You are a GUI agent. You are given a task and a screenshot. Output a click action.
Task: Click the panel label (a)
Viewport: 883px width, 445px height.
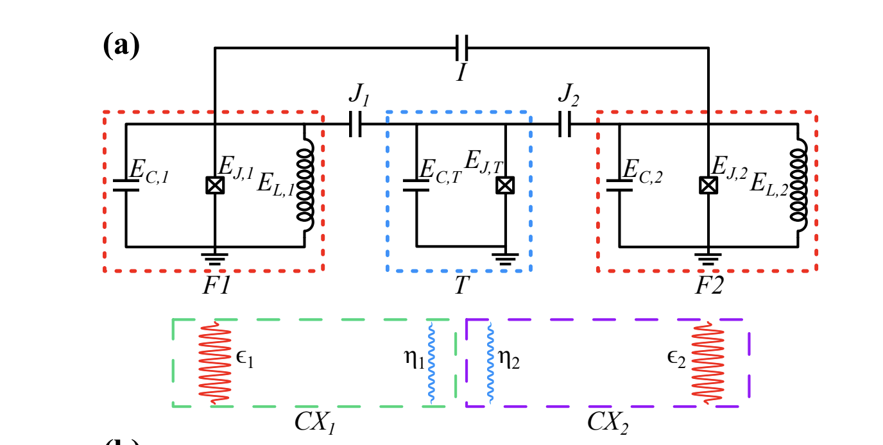click(x=121, y=46)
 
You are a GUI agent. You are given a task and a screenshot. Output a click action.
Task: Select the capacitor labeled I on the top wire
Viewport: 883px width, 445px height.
click(x=461, y=47)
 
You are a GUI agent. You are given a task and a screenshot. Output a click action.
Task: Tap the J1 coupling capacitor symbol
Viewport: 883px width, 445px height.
click(x=356, y=124)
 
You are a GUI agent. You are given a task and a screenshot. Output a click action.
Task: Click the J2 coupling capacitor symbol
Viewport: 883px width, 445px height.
click(x=565, y=124)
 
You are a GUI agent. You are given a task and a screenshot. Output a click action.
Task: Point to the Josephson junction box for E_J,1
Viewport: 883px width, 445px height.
click(x=214, y=185)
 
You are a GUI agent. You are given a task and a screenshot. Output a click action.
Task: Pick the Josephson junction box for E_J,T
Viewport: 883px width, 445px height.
click(x=506, y=185)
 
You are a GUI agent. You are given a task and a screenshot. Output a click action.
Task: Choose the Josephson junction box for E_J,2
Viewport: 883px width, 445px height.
click(x=708, y=185)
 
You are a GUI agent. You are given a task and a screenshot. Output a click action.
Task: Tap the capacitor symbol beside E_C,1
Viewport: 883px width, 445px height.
click(x=126, y=185)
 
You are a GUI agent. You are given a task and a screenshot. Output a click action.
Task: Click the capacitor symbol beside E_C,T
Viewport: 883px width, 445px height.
click(x=416, y=185)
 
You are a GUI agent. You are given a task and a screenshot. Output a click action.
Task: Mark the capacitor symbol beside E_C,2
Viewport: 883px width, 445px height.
click(x=619, y=185)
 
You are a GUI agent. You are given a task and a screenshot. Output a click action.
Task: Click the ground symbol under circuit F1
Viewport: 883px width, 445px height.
click(x=214, y=256)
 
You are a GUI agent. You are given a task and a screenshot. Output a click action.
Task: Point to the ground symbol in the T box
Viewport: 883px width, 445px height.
click(x=506, y=258)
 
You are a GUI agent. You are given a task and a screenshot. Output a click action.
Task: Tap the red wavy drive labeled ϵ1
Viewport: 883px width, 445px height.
click(x=214, y=363)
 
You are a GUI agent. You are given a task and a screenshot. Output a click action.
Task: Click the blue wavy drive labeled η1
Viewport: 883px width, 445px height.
click(x=432, y=363)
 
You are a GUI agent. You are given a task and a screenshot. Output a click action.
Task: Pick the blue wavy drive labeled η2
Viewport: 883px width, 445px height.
click(x=491, y=363)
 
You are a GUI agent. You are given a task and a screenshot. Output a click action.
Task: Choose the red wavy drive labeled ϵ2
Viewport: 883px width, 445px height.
click(x=708, y=363)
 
